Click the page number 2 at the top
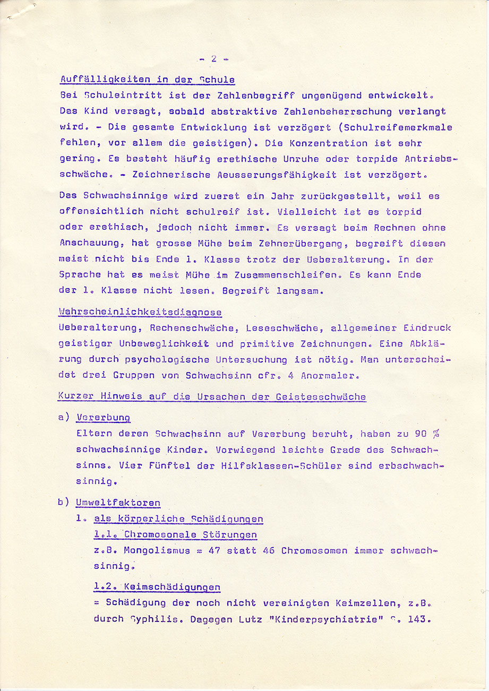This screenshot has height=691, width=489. (x=213, y=59)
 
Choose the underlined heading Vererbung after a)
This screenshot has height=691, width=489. (x=103, y=418)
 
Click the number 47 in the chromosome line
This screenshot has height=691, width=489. (x=214, y=550)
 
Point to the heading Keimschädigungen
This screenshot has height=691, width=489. (x=172, y=587)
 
